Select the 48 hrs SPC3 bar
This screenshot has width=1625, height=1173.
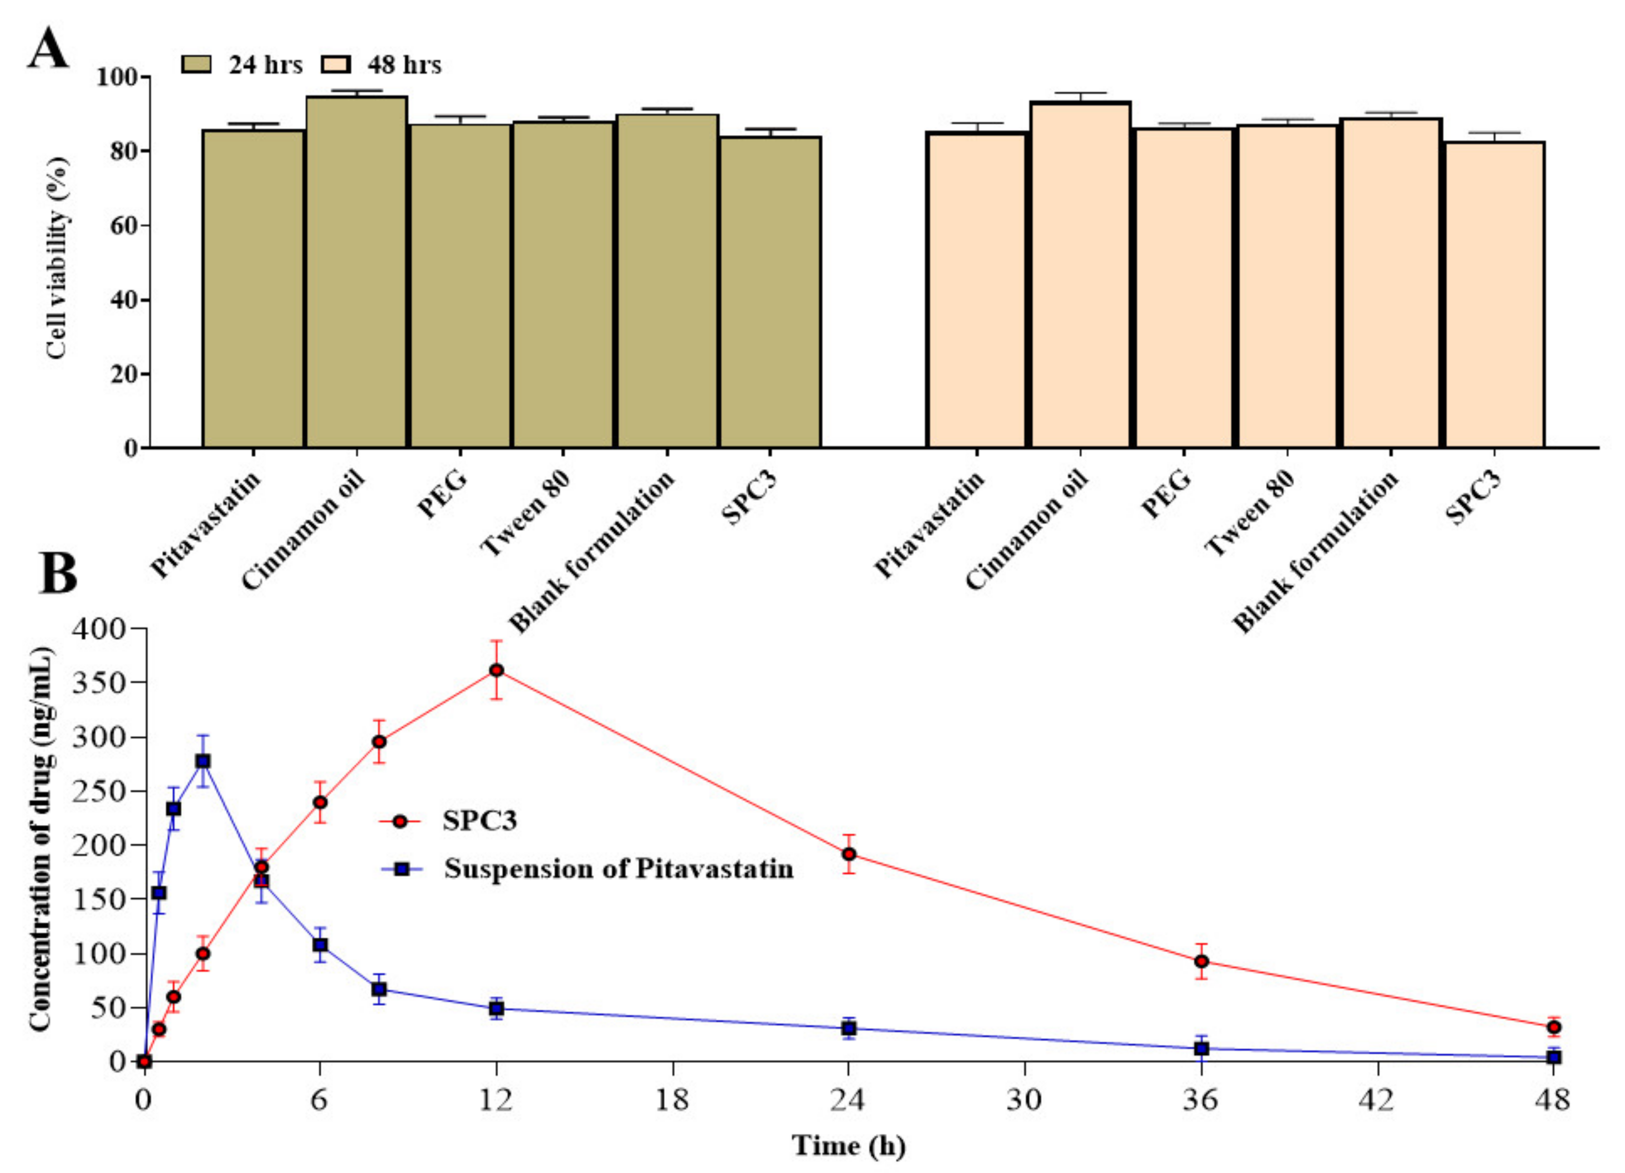[x=1494, y=294]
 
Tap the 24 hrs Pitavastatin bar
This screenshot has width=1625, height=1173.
[x=253, y=287]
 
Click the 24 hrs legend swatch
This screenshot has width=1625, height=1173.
[x=196, y=64]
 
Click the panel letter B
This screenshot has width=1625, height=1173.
[x=57, y=573]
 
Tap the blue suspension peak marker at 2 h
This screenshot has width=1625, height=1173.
[x=203, y=761]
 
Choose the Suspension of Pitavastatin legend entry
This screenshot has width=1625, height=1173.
[x=618, y=869]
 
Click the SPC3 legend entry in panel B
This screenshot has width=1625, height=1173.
[x=479, y=820]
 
